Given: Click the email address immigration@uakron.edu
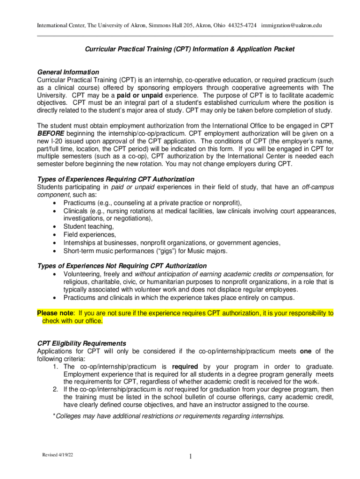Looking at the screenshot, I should (x=292, y=25).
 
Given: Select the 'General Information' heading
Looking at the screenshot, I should (x=68, y=72).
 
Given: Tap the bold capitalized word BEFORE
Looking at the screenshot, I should (x=50, y=133).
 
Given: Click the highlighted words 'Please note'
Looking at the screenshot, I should (x=56, y=313).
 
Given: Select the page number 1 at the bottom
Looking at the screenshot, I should (x=191, y=457).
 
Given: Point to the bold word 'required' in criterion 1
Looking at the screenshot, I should (x=185, y=366).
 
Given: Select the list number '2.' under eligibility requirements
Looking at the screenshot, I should (x=55, y=389).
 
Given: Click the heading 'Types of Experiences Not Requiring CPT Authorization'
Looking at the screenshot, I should (x=122, y=266).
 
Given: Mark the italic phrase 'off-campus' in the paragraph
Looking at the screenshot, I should (x=317, y=187).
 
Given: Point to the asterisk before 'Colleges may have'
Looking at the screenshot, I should (x=54, y=416).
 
